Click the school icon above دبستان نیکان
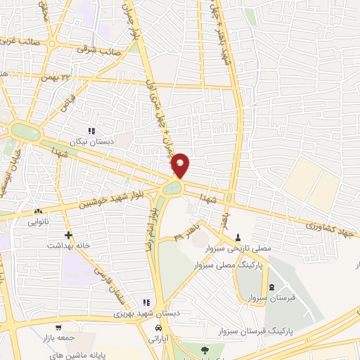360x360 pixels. point(90,131)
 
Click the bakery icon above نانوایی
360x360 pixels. point(38,211)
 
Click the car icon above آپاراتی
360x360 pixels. point(160,328)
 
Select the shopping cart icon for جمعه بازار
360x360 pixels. point(59,327)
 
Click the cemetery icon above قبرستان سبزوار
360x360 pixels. point(272,288)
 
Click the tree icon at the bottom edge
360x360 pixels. point(204,350)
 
